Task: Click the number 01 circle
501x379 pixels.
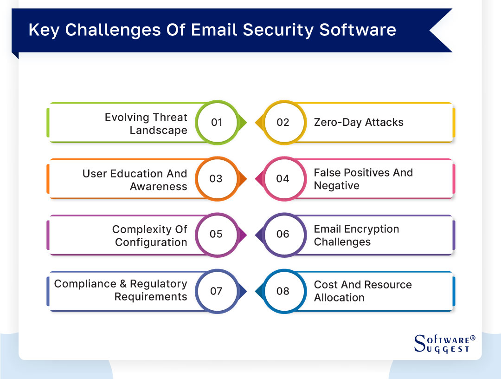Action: tap(217, 123)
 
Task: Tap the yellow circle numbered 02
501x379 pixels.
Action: tap(283, 123)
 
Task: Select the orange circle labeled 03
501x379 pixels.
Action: tap(217, 179)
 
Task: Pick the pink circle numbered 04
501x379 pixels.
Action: tap(283, 179)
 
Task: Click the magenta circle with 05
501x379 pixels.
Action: tap(217, 235)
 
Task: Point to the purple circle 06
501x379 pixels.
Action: tap(283, 235)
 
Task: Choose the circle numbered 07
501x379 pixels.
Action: tap(217, 291)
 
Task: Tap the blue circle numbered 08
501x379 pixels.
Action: tap(283, 291)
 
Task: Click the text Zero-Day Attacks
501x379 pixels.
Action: tap(359, 123)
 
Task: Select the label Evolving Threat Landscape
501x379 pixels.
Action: tap(146, 124)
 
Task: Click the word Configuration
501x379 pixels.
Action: tap(151, 242)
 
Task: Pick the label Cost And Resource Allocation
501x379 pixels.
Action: tap(363, 291)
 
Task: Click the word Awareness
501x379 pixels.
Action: tap(159, 186)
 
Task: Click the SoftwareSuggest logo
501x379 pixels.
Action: tap(444, 344)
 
